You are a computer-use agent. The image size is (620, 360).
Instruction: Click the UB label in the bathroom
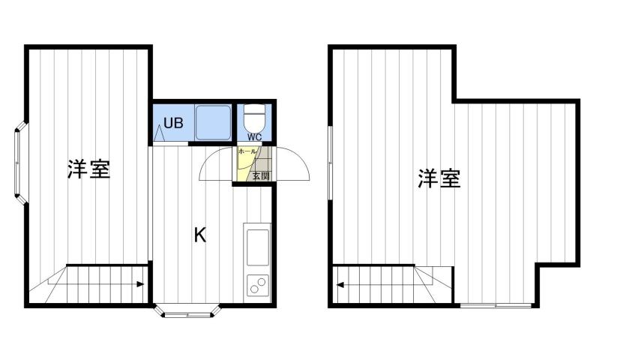tap(173, 123)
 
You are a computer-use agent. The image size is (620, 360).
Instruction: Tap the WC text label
tap(255, 137)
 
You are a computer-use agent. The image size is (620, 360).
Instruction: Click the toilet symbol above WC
tap(255, 117)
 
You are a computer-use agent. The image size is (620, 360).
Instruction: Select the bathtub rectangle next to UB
tap(213, 122)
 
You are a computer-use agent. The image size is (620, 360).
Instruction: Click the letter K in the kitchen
tap(200, 235)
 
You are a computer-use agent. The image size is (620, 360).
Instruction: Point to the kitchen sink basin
tap(257, 246)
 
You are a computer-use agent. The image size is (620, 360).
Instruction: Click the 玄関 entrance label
tap(260, 176)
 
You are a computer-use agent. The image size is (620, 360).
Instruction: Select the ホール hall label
tap(246, 151)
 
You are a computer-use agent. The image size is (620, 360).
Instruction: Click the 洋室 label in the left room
tap(88, 169)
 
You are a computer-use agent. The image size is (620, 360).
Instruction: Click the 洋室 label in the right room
tap(439, 178)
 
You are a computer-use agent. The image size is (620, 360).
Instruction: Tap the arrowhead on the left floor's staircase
tap(142, 284)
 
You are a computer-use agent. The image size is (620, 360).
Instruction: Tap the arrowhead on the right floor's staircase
tap(341, 284)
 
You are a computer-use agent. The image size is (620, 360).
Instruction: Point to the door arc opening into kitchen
tap(215, 163)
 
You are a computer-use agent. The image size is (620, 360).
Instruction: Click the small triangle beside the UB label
tap(160, 133)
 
